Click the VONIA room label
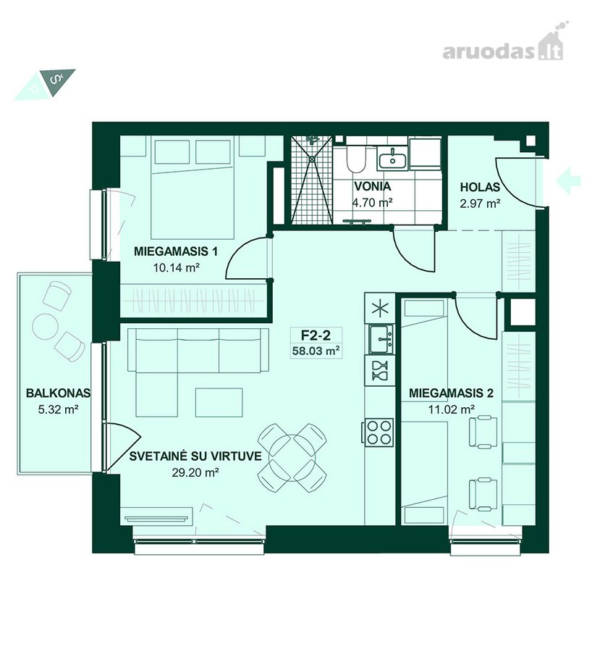click(372, 186)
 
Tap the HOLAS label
click(480, 187)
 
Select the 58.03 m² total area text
click(316, 351)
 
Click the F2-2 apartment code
click(316, 335)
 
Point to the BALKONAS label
click(58, 393)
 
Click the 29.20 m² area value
click(195, 472)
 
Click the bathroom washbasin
click(392, 159)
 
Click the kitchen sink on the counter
click(380, 338)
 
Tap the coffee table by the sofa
click(219, 402)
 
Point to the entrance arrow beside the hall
click(568, 181)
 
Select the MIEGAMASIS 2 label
click(451, 393)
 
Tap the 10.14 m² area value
click(177, 267)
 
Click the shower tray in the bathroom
click(312, 180)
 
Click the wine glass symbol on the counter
click(380, 371)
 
